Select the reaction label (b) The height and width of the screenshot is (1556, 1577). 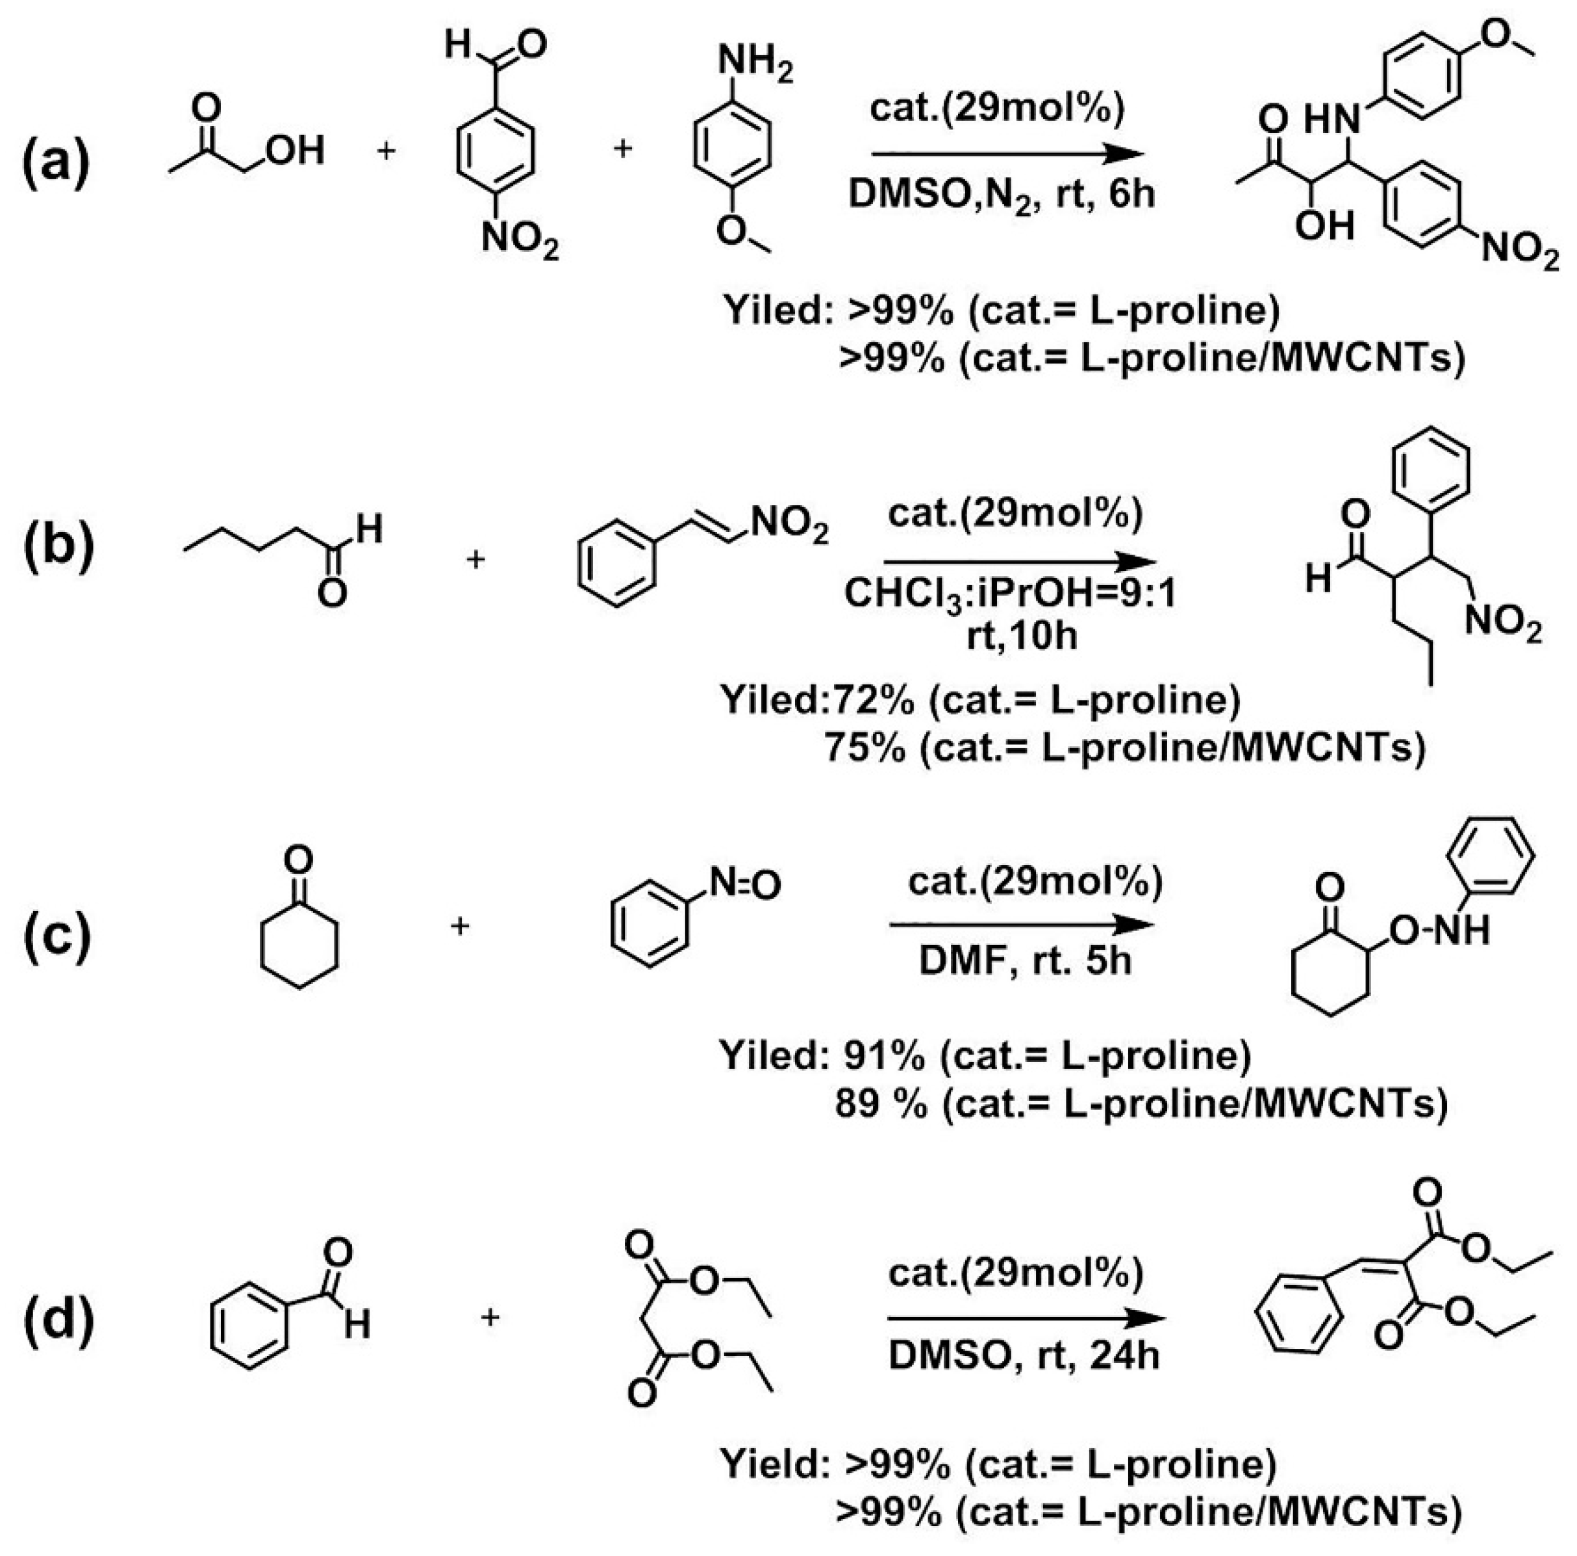tap(58, 545)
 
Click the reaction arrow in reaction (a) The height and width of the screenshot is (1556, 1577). tap(1003, 153)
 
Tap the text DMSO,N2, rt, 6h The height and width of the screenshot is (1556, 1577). tap(1002, 195)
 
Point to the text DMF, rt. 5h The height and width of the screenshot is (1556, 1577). tap(1025, 961)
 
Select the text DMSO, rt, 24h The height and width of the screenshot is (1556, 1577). tap(1024, 1355)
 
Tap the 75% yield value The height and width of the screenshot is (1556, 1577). tap(864, 747)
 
